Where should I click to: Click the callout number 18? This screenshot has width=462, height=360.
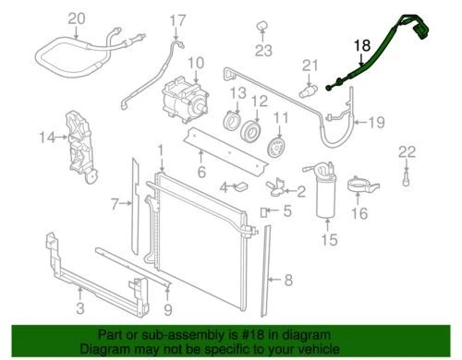coord(361,44)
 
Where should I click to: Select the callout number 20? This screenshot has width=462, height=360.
coord(77,18)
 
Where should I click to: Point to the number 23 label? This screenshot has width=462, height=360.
coord(264,50)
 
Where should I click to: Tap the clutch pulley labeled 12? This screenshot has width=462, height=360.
coord(249,129)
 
